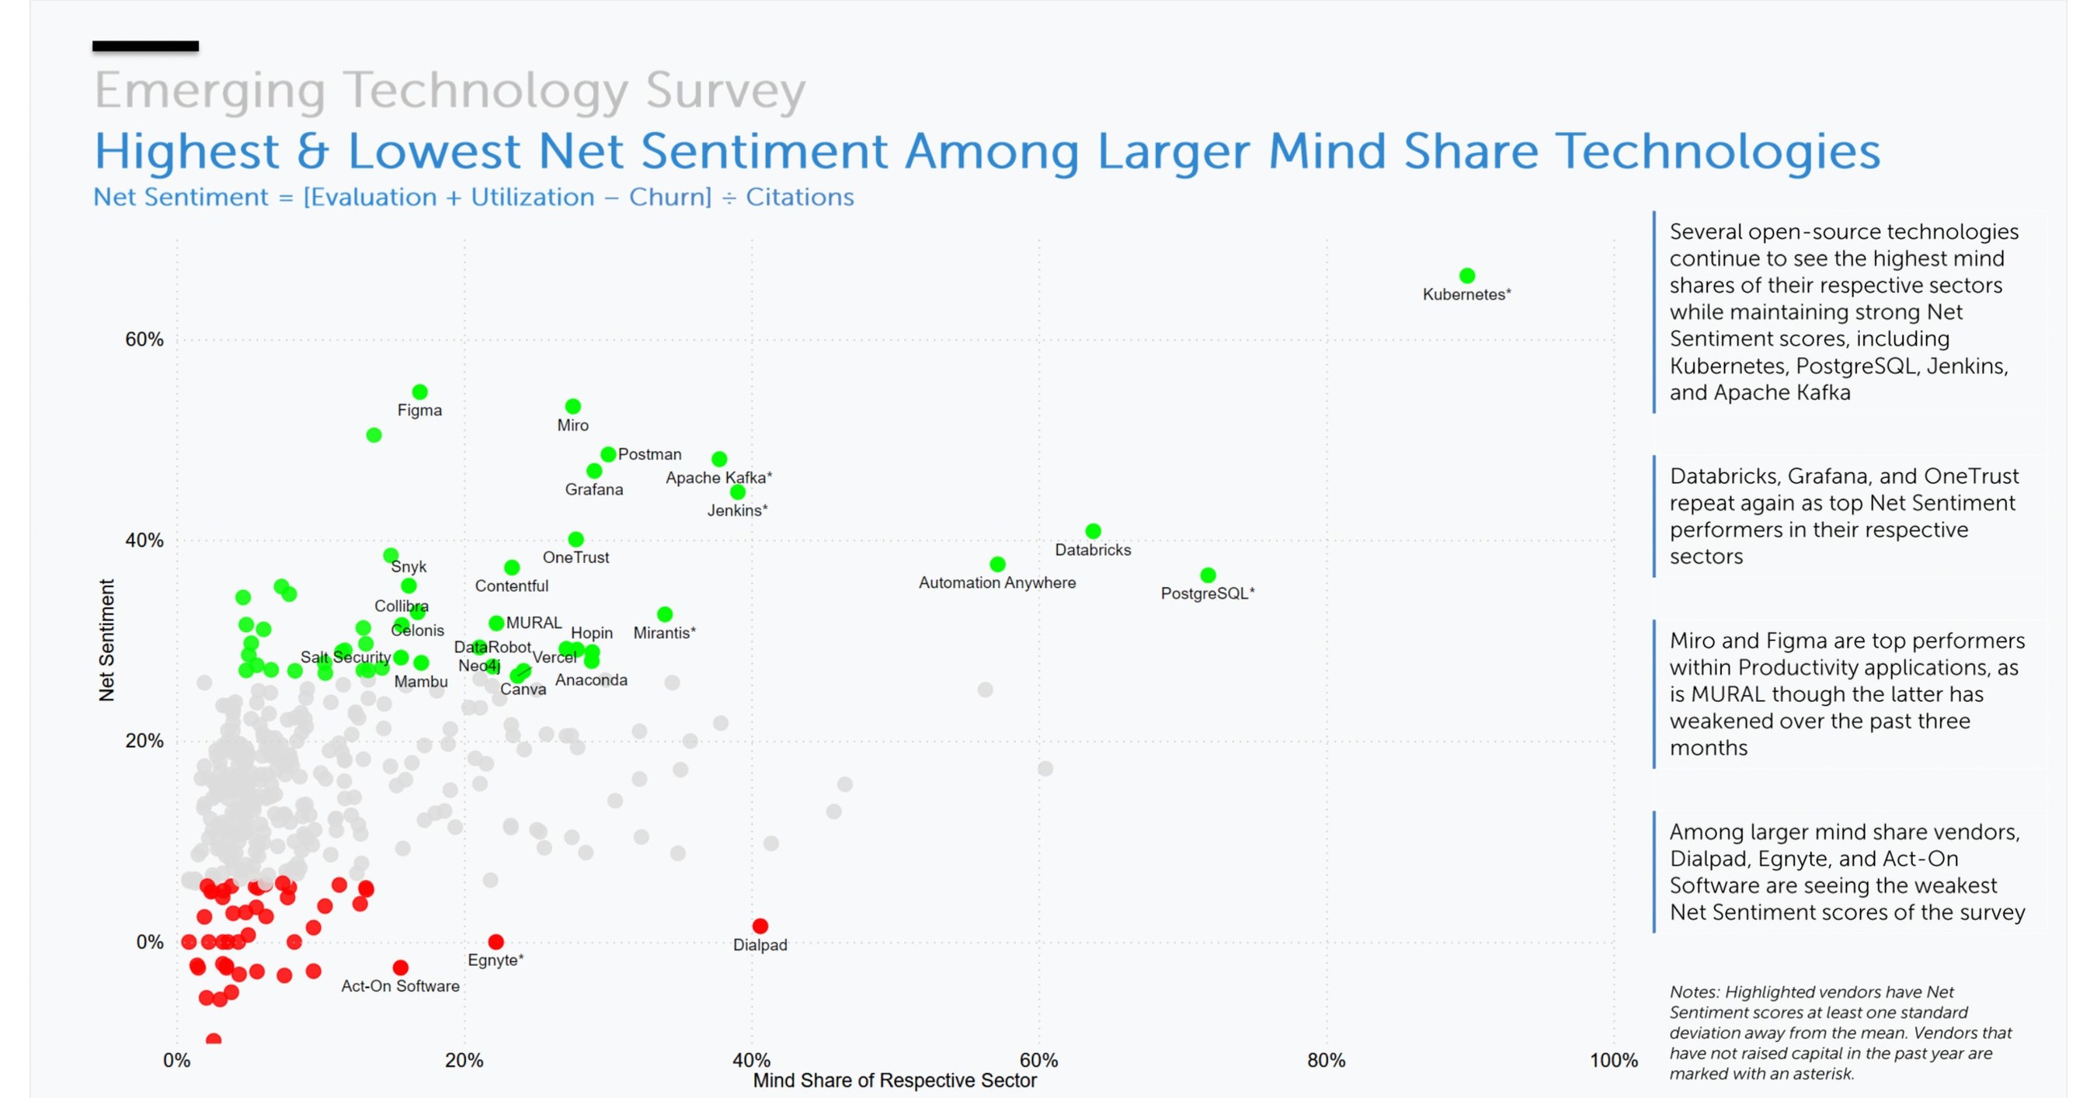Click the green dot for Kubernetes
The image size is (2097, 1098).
pyautogui.click(x=1467, y=276)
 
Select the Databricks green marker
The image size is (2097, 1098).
pyautogui.click(x=1094, y=530)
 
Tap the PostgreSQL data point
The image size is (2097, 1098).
pyautogui.click(x=1208, y=575)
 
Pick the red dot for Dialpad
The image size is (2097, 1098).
pyautogui.click(x=760, y=926)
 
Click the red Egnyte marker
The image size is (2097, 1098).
pyautogui.click(x=496, y=942)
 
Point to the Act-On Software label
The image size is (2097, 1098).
pyautogui.click(x=400, y=986)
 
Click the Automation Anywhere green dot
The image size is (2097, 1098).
pyautogui.click(x=997, y=564)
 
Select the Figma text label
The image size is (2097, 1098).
pyautogui.click(x=419, y=410)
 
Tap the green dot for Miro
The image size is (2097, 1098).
pyautogui.click(x=573, y=406)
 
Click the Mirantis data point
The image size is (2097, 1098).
pyautogui.click(x=665, y=613)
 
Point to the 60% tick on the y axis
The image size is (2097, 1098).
pyautogui.click(x=144, y=340)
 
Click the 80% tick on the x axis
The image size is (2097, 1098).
pyautogui.click(x=1326, y=1061)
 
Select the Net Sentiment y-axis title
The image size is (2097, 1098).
pyautogui.click(x=106, y=640)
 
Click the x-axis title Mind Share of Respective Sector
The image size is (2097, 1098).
pyautogui.click(x=894, y=1081)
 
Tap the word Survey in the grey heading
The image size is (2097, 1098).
pyautogui.click(x=725, y=90)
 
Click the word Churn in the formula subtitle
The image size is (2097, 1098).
pyautogui.click(x=669, y=197)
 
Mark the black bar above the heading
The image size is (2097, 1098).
pyautogui.click(x=145, y=47)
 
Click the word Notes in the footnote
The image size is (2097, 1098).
pyautogui.click(x=1693, y=992)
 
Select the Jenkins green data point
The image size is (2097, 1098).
pyautogui.click(x=738, y=492)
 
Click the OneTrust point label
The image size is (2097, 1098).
pyautogui.click(x=576, y=558)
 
